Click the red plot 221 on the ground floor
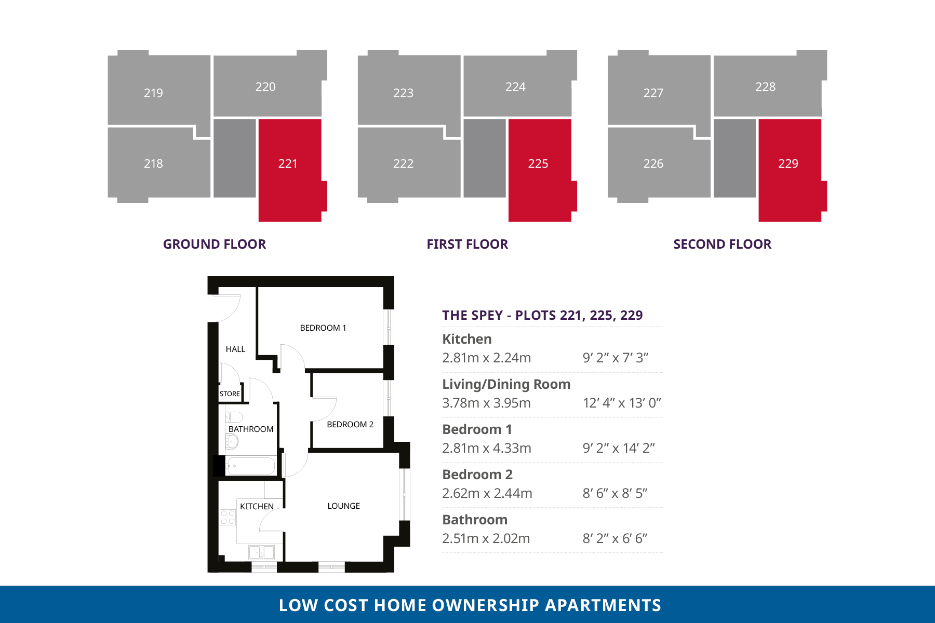pos(290,170)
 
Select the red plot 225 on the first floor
pos(540,170)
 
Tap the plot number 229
pos(788,164)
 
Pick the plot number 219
pos(153,93)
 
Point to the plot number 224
pos(515,87)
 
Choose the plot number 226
pos(653,164)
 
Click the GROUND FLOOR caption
pos(215,244)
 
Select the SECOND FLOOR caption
pos(722,244)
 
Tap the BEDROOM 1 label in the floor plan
pos(323,328)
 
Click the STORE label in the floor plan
pos(230,394)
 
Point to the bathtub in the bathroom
pos(250,466)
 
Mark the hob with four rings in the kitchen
pos(228,517)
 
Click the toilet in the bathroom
pos(234,417)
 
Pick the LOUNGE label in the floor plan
pos(344,506)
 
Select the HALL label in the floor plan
pos(235,349)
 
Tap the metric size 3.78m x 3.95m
pos(486,403)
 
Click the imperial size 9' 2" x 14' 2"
pos(619,448)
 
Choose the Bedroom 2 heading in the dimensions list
pos(477,475)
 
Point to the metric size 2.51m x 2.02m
pos(486,538)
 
